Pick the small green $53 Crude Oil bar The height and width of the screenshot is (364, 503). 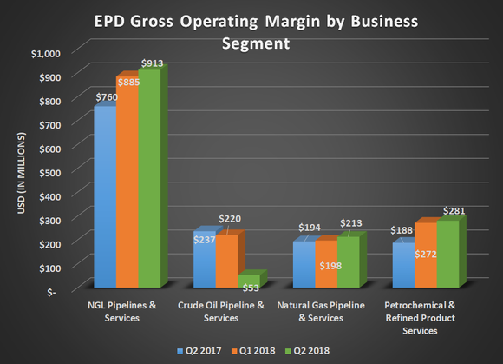click(x=248, y=281)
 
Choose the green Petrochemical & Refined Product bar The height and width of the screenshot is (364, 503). click(x=447, y=255)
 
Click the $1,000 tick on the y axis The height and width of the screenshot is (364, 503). click(x=47, y=54)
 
